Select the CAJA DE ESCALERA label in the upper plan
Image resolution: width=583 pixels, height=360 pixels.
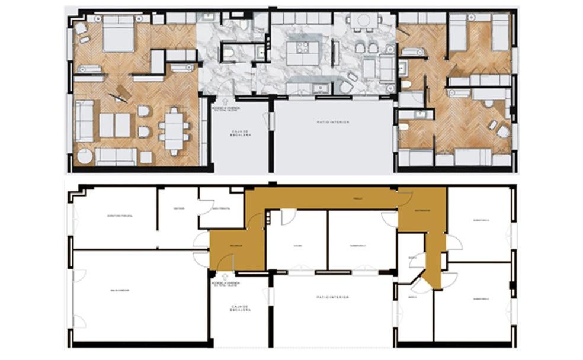pos(241,133)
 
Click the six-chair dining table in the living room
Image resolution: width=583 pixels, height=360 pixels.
pos(174,130)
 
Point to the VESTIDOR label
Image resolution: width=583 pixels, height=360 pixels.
pos(178,208)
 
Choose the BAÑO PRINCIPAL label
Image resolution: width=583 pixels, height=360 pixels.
pos(221,209)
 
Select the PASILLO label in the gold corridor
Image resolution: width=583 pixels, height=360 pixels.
pos(357,198)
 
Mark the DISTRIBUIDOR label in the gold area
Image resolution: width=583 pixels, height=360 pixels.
pos(421,210)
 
